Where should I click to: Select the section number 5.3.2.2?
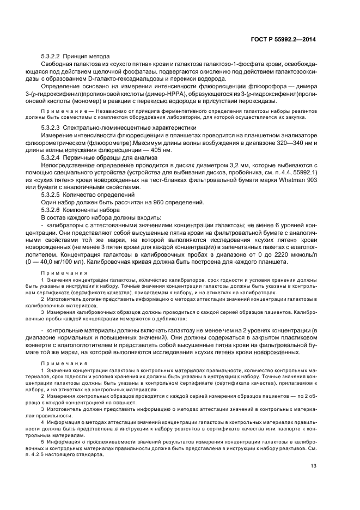pyautogui.click(x=51, y=57)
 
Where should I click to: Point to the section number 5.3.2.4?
pyautogui.click(x=51, y=156)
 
